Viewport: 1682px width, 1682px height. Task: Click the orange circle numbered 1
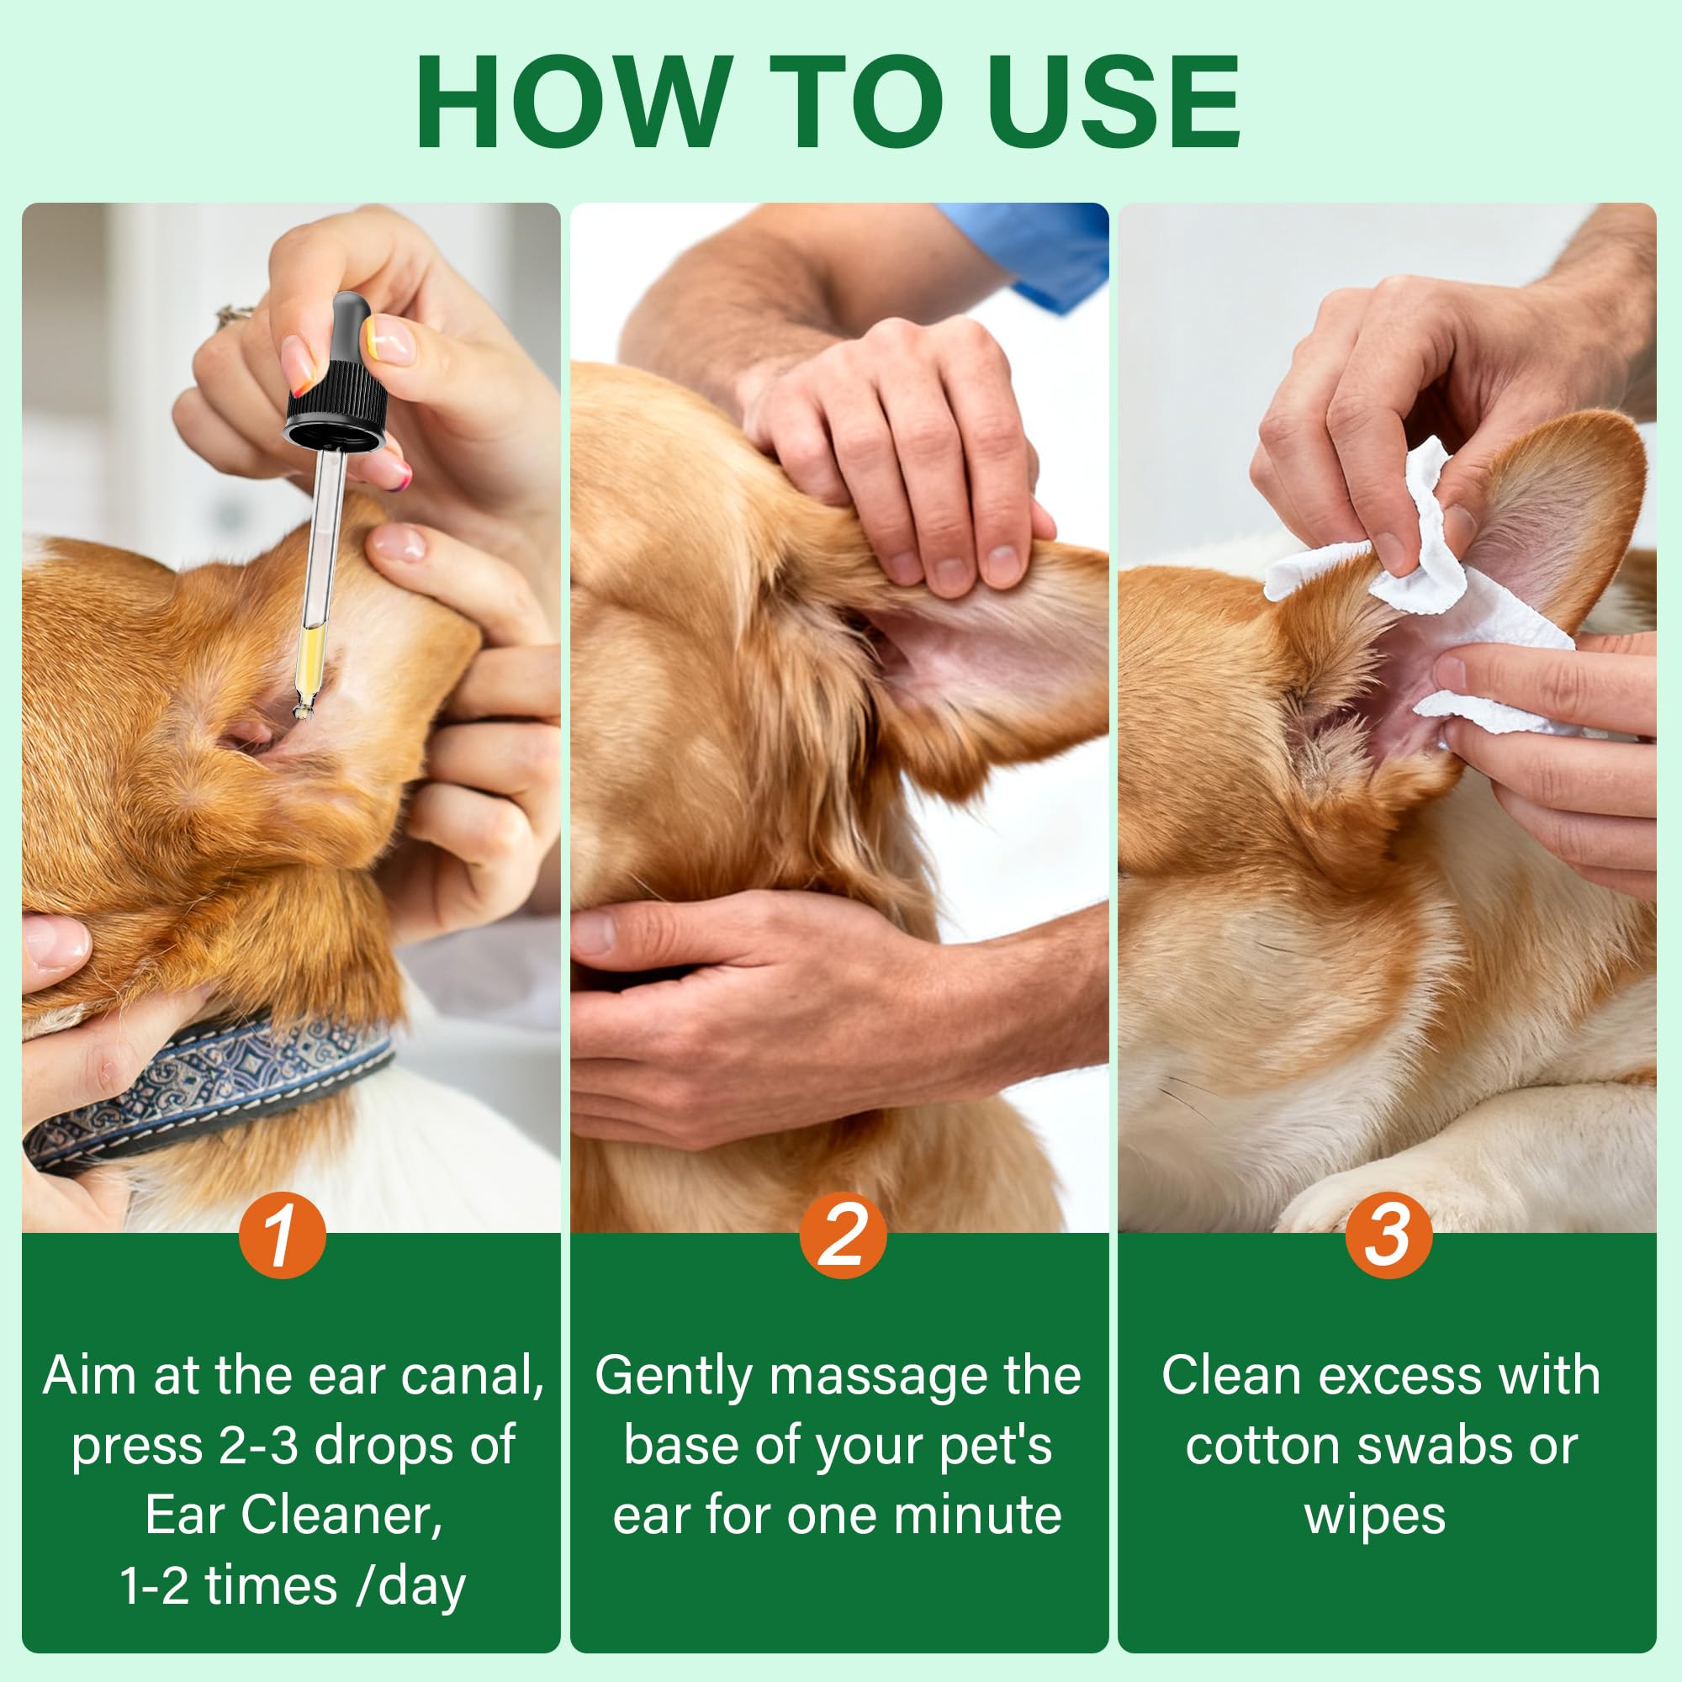[282, 1235]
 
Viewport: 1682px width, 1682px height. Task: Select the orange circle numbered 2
[842, 1235]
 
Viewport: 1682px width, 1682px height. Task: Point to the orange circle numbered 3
[1388, 1235]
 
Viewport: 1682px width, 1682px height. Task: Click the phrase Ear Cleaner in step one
[294, 1515]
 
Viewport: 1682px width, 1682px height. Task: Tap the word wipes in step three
[1375, 1515]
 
